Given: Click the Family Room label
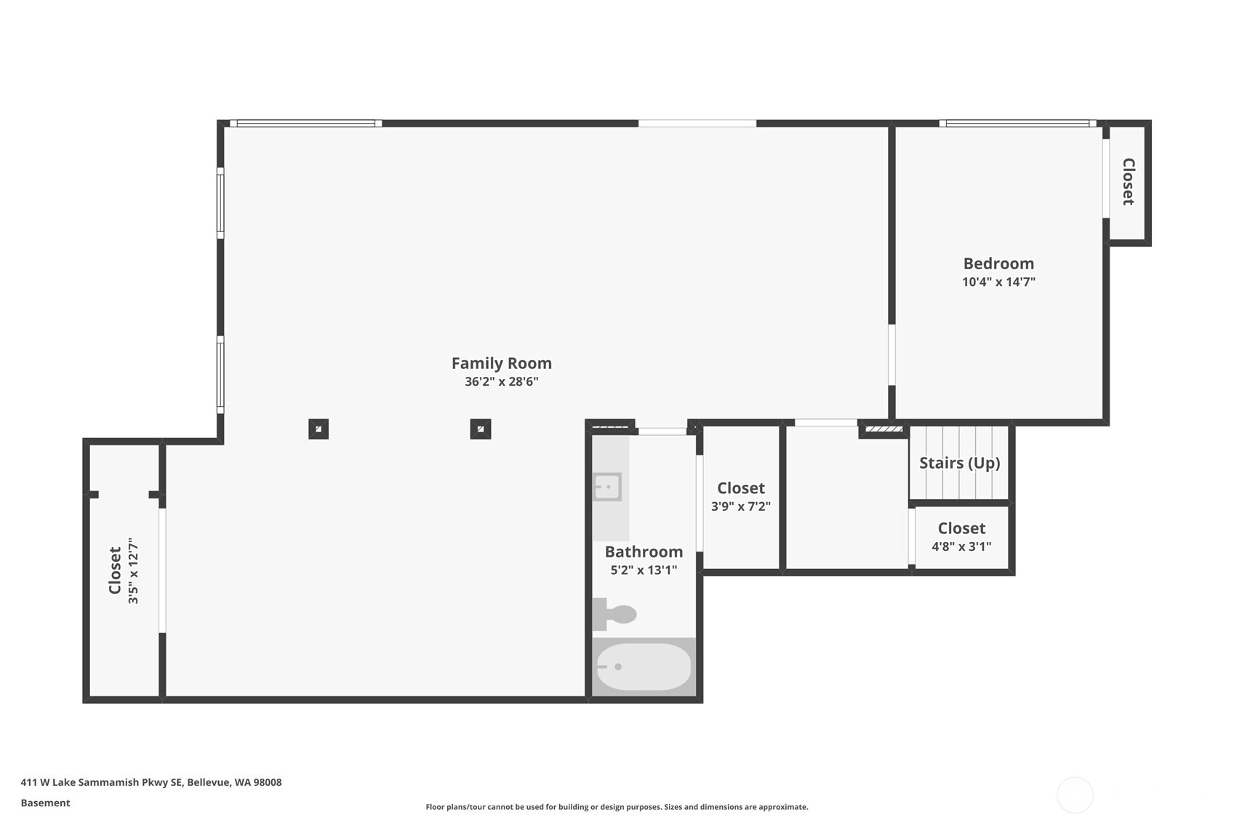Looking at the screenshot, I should [501, 363].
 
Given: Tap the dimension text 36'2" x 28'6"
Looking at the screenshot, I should [501, 382].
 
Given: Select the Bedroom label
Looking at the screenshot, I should [998, 263].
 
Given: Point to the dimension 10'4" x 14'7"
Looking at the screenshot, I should [998, 282].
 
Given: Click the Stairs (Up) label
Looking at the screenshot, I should [959, 463].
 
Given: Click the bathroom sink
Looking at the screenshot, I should [606, 487].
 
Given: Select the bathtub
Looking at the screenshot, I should [644, 667].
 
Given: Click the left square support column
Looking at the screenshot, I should [318, 429].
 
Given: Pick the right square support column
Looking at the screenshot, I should [480, 429].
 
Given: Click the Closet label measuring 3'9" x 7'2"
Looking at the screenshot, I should [740, 488].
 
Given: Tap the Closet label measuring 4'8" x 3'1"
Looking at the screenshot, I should [961, 528].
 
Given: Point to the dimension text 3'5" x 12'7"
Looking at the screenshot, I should [133, 571].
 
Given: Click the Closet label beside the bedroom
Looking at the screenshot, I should [1128, 182].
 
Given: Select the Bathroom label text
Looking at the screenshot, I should [644, 552].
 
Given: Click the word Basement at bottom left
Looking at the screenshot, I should [45, 803].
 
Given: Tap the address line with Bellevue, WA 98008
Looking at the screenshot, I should [151, 782].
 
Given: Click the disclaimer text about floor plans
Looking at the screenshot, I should [617, 806].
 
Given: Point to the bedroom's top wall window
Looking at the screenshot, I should [1017, 124].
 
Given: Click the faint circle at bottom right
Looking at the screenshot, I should [1074, 795].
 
